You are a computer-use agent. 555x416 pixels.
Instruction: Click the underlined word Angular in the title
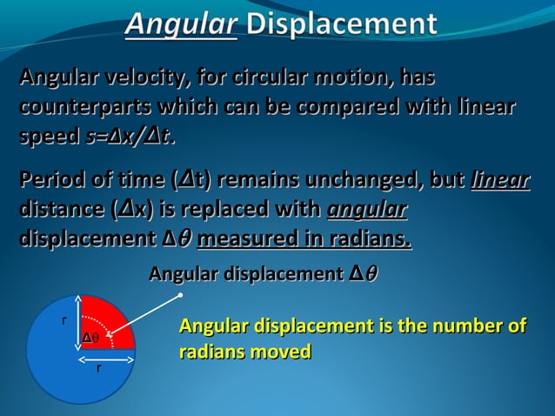181,23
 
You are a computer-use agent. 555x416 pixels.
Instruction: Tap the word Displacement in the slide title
341,23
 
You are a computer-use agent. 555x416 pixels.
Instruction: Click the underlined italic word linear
499,182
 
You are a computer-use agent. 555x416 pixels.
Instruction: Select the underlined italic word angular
366,211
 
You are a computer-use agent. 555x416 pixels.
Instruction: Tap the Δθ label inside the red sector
90,338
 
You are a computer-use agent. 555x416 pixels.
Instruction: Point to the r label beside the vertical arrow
64,321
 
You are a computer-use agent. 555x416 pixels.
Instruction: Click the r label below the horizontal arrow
98,368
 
